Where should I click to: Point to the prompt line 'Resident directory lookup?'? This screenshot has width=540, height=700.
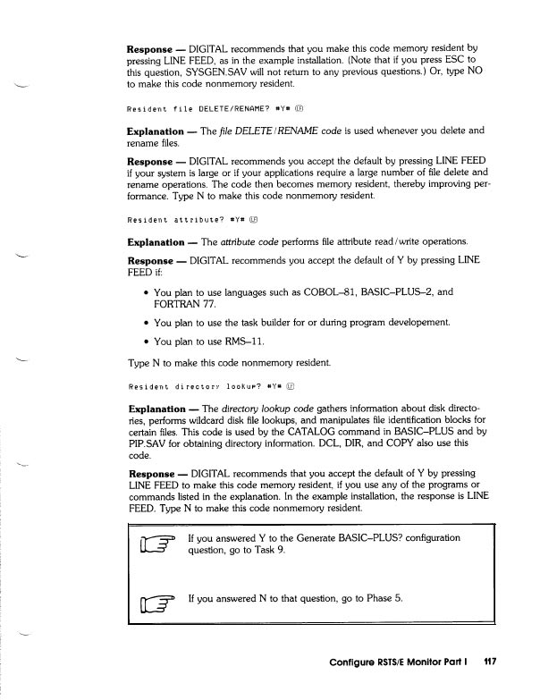(x=199, y=386)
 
